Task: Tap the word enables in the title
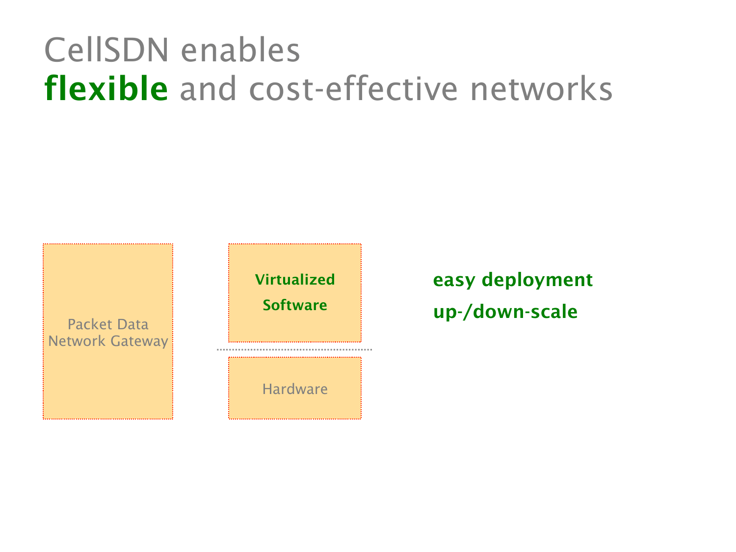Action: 240,50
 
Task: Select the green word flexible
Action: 106,89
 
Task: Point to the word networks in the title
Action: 541,89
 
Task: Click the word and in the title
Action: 209,89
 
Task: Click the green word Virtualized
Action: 295,280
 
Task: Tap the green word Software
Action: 295,305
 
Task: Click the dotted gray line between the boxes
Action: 294,349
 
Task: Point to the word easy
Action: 454,280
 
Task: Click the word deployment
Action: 537,280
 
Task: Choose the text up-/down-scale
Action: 505,312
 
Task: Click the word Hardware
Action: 295,389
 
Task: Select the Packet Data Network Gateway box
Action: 108,383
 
